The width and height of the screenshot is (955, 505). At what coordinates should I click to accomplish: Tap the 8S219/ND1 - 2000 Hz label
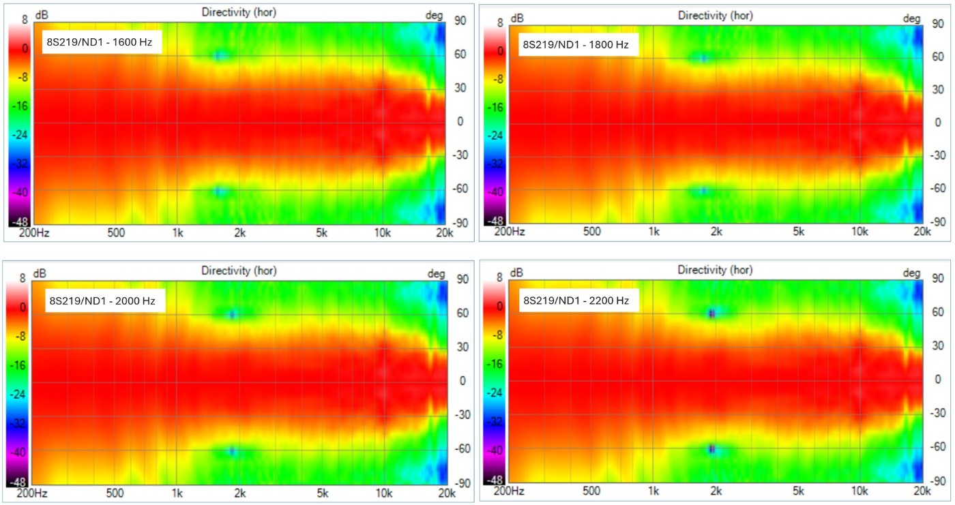pyautogui.click(x=105, y=300)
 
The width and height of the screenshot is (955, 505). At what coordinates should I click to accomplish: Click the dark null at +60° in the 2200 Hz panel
pyautogui.click(x=711, y=313)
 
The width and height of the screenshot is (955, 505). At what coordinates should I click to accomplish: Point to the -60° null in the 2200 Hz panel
pyautogui.click(x=711, y=449)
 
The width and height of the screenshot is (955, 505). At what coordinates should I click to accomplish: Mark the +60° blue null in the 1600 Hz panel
pyautogui.click(x=219, y=55)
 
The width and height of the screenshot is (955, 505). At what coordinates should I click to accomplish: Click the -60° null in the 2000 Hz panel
pyautogui.click(x=233, y=450)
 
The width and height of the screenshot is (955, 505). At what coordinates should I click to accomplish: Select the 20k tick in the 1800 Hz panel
pyautogui.click(x=922, y=232)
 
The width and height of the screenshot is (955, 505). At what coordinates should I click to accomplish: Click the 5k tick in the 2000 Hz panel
pyautogui.click(x=322, y=492)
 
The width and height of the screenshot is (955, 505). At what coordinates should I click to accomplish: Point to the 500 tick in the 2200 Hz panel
pyautogui.click(x=592, y=491)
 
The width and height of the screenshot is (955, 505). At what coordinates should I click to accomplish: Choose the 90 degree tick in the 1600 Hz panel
pyautogui.click(x=460, y=20)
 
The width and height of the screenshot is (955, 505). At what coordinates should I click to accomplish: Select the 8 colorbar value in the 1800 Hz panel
pyautogui.click(x=500, y=22)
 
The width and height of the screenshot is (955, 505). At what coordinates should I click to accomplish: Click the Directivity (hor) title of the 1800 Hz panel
pyautogui.click(x=716, y=14)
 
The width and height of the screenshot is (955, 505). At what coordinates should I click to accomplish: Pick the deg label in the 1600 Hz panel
pyautogui.click(x=435, y=15)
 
